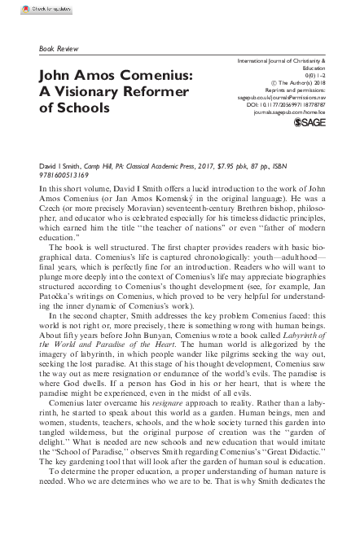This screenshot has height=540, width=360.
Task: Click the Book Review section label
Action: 59,49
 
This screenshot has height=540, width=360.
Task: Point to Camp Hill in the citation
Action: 102,165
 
